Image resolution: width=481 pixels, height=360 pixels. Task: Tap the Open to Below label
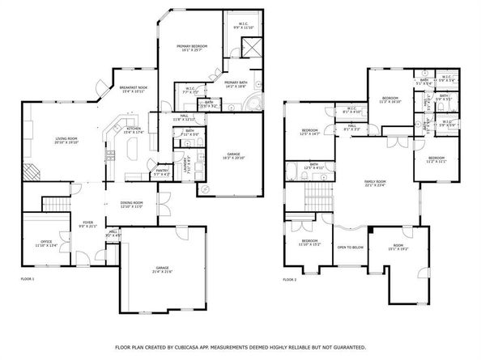[350, 248]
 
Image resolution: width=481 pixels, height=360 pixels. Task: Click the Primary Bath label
[236, 83]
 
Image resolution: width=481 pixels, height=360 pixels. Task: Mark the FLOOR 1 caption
[28, 279]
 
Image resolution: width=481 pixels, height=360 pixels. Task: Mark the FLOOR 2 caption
[290, 279]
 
